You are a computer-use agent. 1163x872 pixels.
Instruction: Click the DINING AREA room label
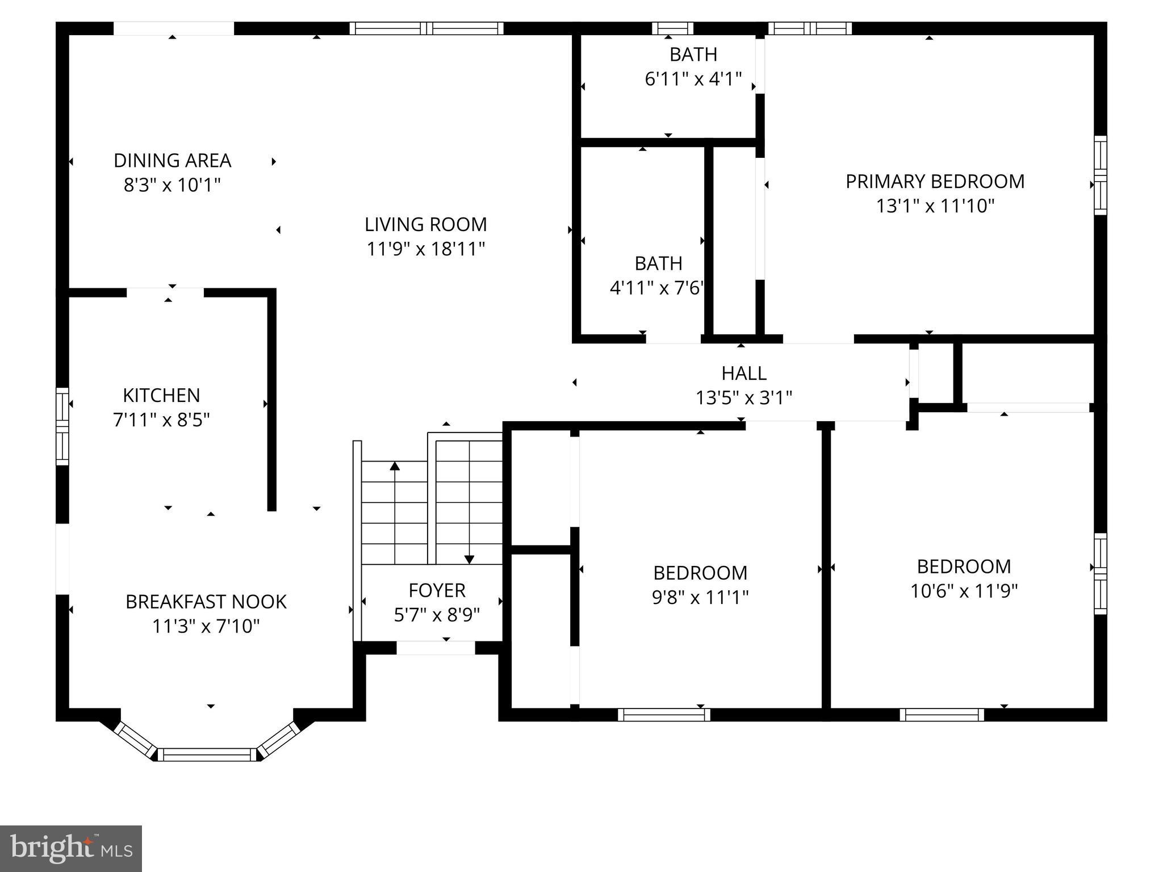tap(172, 161)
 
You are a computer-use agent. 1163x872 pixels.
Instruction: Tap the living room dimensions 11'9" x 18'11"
tap(425, 249)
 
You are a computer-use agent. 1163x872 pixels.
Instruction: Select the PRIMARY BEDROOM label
tap(935, 182)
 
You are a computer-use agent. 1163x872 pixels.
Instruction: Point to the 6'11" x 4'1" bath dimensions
tap(693, 79)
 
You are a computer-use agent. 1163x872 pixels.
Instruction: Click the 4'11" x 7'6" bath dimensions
tap(657, 288)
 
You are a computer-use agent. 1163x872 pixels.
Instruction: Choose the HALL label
tap(744, 373)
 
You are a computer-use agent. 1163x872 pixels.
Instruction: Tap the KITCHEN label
tap(161, 395)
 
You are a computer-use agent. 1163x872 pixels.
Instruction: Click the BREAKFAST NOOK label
tap(206, 602)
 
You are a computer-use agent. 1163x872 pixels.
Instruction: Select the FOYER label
tap(437, 590)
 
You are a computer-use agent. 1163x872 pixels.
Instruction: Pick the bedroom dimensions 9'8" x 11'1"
tap(700, 597)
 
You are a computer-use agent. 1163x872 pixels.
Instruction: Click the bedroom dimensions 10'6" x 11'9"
tap(964, 592)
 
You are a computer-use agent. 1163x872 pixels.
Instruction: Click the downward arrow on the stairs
tap(469, 559)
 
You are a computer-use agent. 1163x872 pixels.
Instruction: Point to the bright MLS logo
tap(71, 848)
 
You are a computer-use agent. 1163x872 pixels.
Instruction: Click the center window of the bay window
tap(207, 754)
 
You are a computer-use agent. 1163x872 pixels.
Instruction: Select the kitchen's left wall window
tap(62, 426)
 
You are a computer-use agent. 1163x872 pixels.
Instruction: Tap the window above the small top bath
tap(672, 28)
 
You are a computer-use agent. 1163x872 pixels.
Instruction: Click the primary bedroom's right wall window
tap(1100, 175)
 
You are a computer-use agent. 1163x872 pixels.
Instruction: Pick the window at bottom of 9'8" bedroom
tap(664, 715)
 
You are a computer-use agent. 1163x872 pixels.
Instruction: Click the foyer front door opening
tap(436, 648)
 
